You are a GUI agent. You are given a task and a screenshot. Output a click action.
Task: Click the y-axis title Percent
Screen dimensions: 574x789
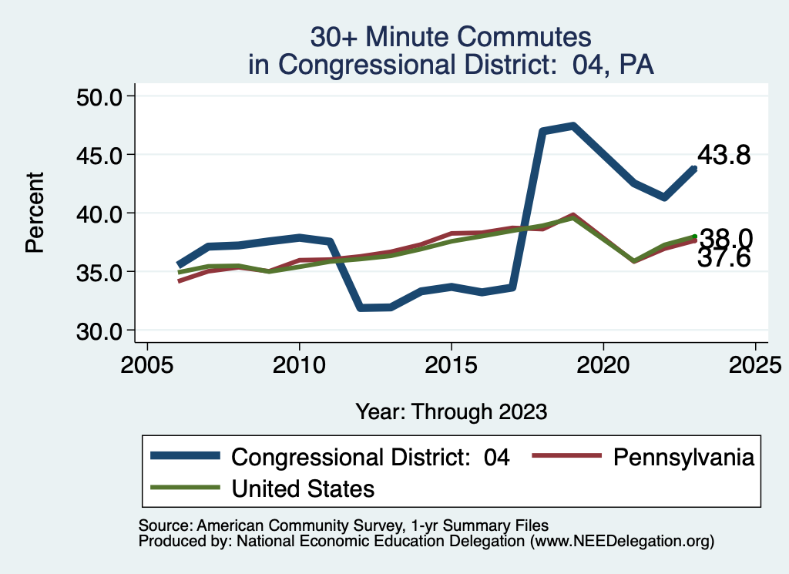(34, 213)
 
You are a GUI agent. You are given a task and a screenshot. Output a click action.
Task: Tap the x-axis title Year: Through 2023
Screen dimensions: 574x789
(452, 411)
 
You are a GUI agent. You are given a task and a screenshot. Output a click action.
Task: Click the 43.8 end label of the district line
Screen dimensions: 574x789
(724, 156)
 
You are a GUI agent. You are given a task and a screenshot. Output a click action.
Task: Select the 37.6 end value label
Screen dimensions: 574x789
(724, 259)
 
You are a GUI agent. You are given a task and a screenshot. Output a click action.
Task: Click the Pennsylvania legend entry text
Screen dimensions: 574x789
(683, 457)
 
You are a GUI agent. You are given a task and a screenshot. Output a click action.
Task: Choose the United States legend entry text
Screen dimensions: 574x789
(303, 488)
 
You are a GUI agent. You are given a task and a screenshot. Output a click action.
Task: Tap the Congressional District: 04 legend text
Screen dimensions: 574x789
(371, 457)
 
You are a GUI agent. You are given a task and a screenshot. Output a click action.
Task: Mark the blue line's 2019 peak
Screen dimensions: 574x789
(572, 126)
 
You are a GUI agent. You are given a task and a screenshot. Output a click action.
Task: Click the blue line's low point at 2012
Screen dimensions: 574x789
(360, 307)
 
